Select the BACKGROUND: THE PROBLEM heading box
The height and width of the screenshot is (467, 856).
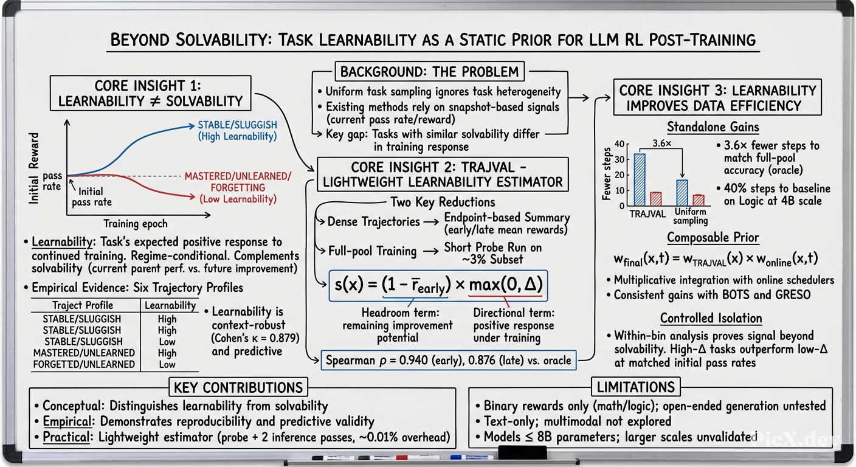(430, 72)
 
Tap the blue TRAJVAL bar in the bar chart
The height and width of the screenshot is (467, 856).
(640, 179)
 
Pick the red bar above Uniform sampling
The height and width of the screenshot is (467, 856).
(699, 200)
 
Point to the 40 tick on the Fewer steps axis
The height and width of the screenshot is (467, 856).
(619, 144)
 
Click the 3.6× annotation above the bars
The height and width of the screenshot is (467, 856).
(661, 144)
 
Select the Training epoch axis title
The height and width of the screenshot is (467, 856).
(136, 224)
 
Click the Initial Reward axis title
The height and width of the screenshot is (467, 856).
(33, 168)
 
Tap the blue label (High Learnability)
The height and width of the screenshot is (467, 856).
(237, 136)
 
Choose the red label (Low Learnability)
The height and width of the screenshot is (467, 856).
(238, 199)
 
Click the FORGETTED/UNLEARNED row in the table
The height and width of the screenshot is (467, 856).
(84, 364)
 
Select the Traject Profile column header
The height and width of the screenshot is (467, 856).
(83, 305)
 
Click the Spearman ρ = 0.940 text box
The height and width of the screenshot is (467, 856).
(449, 360)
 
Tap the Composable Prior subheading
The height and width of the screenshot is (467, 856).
(713, 238)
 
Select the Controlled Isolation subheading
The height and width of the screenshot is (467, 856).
(711, 318)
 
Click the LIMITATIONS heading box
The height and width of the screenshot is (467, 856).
(636, 387)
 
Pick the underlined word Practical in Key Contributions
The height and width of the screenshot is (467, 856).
(66, 437)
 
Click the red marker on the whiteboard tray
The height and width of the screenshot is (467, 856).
(402, 457)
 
